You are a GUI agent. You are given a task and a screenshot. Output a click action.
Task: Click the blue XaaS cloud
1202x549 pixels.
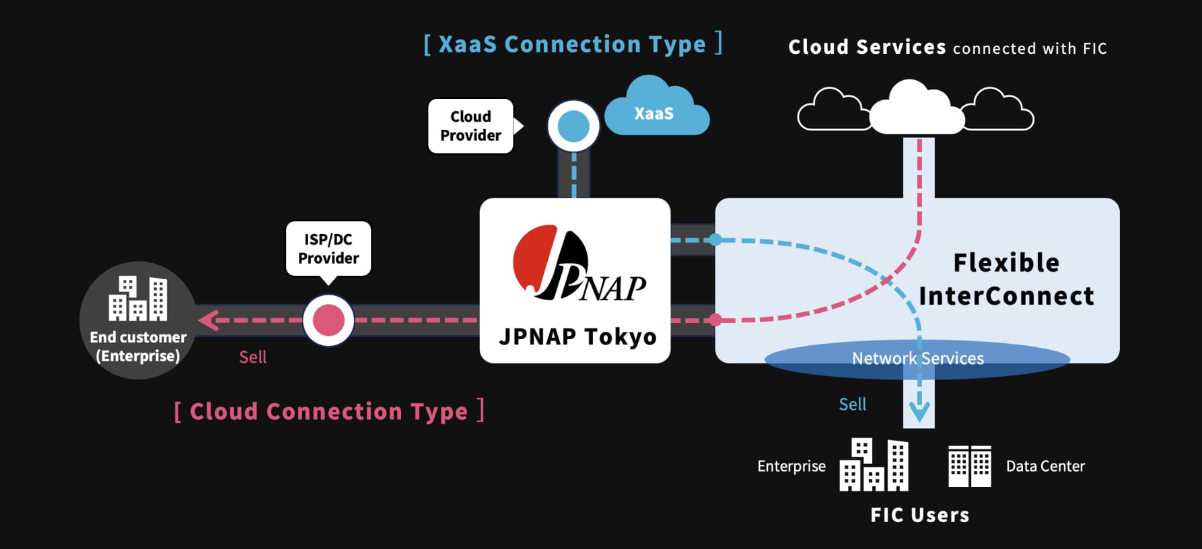[656, 111]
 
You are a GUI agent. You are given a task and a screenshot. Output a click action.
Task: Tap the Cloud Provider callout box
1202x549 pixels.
[470, 126]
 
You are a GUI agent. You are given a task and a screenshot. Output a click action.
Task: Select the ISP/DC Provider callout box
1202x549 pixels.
[328, 249]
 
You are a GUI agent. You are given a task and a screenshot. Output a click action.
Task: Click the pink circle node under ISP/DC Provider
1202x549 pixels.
[328, 320]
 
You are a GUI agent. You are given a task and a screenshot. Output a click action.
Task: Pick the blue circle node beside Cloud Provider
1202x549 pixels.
[573, 126]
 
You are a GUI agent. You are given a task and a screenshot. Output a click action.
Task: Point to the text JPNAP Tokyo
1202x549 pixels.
[577, 336]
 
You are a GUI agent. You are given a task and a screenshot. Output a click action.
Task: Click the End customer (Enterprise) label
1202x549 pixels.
[138, 346]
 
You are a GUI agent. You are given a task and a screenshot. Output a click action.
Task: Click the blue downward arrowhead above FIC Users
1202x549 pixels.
[919, 410]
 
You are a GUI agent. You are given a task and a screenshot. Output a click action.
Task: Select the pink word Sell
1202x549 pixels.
[253, 357]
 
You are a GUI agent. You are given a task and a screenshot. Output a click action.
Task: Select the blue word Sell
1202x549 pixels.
[852, 404]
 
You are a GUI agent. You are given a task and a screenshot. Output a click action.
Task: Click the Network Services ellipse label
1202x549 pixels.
[917, 359]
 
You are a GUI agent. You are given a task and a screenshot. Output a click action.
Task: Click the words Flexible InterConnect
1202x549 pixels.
[1006, 279]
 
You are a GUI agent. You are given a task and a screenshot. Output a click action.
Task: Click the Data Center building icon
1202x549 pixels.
[969, 466]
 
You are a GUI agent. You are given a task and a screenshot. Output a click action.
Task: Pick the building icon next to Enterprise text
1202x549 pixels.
[874, 465]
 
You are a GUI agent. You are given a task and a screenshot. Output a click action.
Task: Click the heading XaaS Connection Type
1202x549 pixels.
[572, 44]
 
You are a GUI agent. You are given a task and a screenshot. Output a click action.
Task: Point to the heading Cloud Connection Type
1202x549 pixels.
[328, 411]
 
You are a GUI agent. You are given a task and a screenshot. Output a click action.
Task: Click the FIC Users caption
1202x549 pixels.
[919, 515]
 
